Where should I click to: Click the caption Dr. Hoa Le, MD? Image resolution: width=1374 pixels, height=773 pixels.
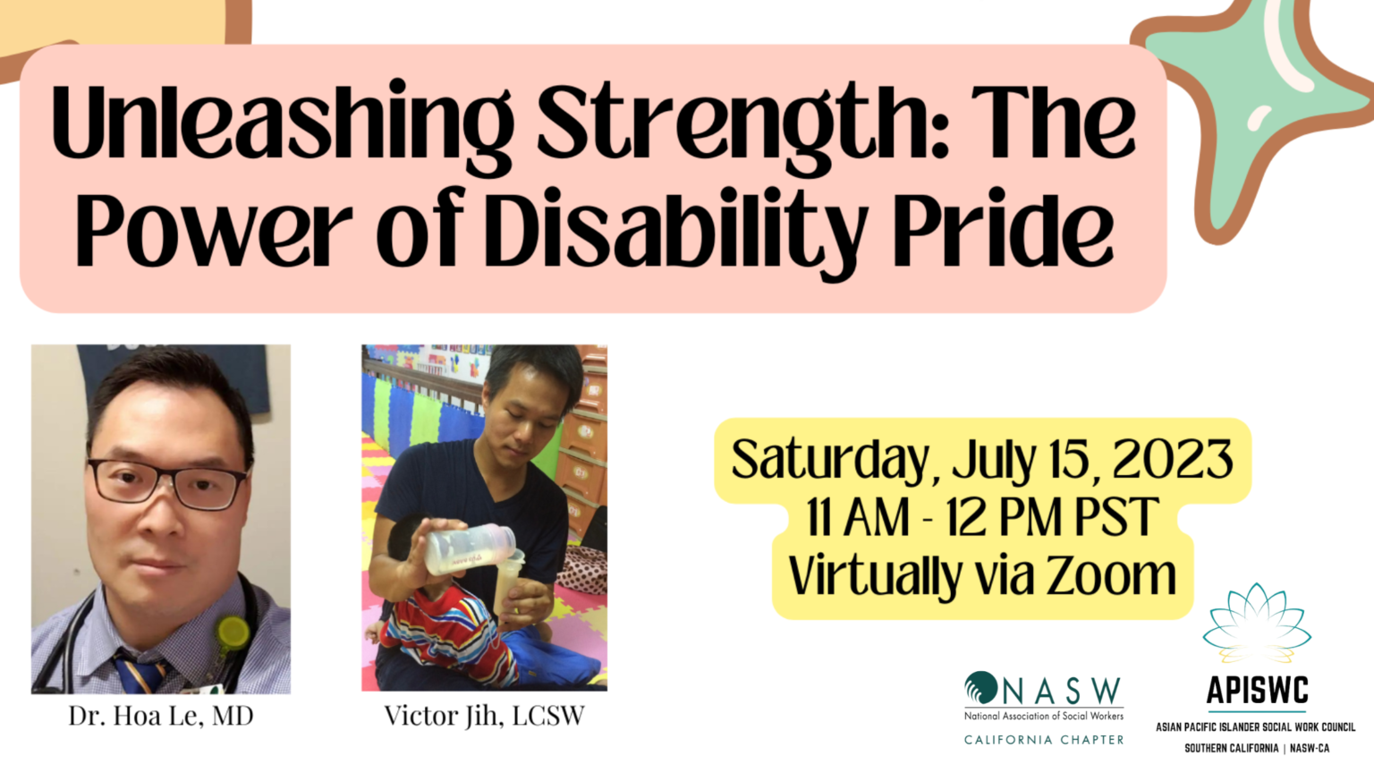(x=161, y=716)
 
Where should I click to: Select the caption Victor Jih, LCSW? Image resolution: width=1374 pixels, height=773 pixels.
(x=484, y=716)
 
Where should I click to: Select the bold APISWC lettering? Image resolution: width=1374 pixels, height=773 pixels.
(x=1257, y=691)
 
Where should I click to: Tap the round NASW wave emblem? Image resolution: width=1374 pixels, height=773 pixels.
(x=980, y=688)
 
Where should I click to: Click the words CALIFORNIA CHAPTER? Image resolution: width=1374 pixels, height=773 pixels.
(x=1044, y=740)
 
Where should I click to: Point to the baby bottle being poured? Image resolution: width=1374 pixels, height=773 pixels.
(x=470, y=548)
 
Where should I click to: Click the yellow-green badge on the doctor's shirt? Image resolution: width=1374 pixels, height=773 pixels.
(x=233, y=633)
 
